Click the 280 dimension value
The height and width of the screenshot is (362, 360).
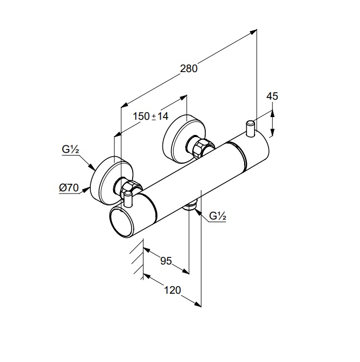click(x=189, y=68)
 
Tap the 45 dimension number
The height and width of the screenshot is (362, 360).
click(x=272, y=96)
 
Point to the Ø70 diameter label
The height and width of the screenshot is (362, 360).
click(x=69, y=188)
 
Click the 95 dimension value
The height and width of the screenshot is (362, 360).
click(x=166, y=261)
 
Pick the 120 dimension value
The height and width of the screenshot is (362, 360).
click(x=172, y=290)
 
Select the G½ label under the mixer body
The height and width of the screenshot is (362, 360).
click(x=218, y=216)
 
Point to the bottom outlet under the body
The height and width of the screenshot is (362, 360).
click(x=190, y=206)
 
